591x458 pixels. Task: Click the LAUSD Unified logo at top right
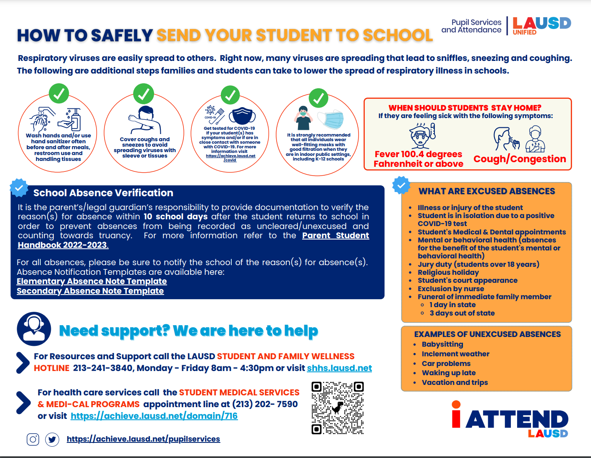[541, 26]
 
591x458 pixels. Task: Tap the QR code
[337, 408]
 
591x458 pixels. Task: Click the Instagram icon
[33, 440]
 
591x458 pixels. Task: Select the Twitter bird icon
[52, 440]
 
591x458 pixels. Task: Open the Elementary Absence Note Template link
[92, 281]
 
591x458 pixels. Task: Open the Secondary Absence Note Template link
[90, 291]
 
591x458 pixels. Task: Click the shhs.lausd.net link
[339, 368]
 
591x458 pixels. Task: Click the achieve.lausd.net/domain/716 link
[154, 416]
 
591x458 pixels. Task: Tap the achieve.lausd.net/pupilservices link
[143, 439]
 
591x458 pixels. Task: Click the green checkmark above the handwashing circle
[59, 93]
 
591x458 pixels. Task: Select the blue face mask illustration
[330, 119]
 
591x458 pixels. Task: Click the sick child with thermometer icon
[421, 136]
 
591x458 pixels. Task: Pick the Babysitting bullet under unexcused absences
[442, 344]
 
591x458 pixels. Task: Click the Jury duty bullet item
[478, 264]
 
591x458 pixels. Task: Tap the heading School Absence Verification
[103, 193]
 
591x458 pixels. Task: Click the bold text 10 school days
[175, 217]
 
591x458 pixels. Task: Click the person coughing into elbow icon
[144, 119]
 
